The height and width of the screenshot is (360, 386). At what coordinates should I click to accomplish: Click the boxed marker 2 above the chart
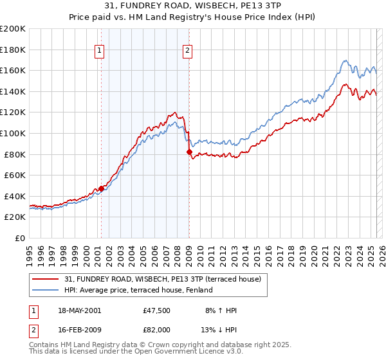point(187,52)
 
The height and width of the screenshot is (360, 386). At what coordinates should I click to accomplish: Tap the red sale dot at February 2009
point(189,152)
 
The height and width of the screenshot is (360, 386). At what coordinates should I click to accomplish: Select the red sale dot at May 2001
point(101,188)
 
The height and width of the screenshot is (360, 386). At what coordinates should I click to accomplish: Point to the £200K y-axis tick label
point(13,29)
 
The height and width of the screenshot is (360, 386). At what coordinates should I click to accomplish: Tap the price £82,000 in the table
point(157,329)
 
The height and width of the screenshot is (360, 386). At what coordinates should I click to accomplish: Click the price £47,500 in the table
point(157,310)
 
